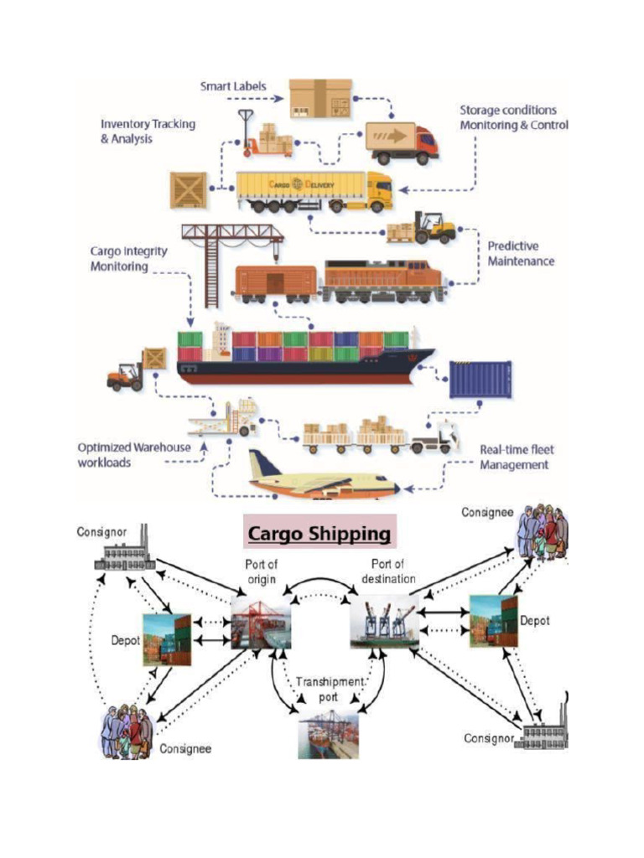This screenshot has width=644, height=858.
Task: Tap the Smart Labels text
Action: pyautogui.click(x=232, y=86)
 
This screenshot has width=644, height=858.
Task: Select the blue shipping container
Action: pyautogui.click(x=480, y=379)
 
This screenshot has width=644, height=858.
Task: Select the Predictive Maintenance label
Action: pyautogui.click(x=521, y=254)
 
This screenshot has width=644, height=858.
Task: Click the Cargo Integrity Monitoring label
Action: pyautogui.click(x=128, y=259)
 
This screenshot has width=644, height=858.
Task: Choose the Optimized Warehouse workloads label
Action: pyautogui.click(x=133, y=454)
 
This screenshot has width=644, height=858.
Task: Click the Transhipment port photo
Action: pyautogui.click(x=328, y=734)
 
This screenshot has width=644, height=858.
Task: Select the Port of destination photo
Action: pyautogui.click(x=384, y=621)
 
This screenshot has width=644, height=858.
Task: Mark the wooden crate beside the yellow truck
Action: pyautogui.click(x=188, y=190)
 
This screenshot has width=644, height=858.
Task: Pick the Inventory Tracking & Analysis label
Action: pyautogui.click(x=148, y=131)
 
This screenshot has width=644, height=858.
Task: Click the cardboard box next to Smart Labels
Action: pyautogui.click(x=320, y=99)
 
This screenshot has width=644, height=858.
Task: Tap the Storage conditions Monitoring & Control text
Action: pyautogui.click(x=513, y=117)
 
